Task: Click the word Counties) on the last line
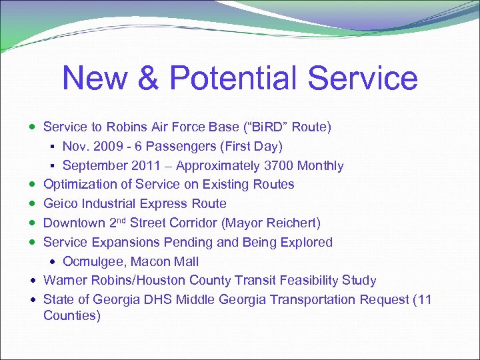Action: point(72,315)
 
